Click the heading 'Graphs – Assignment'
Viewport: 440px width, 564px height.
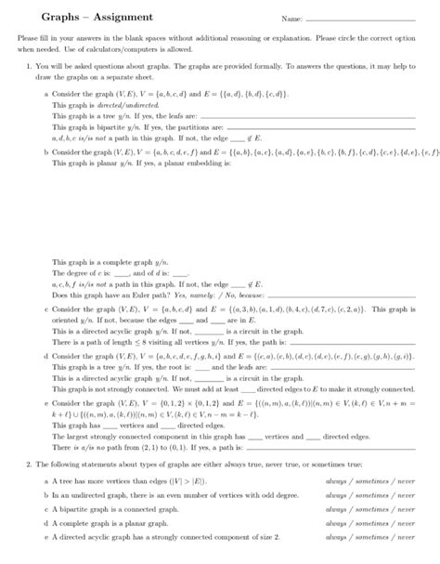[63, 18]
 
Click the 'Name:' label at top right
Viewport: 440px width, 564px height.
[291, 19]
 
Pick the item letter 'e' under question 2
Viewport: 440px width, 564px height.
[46, 538]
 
